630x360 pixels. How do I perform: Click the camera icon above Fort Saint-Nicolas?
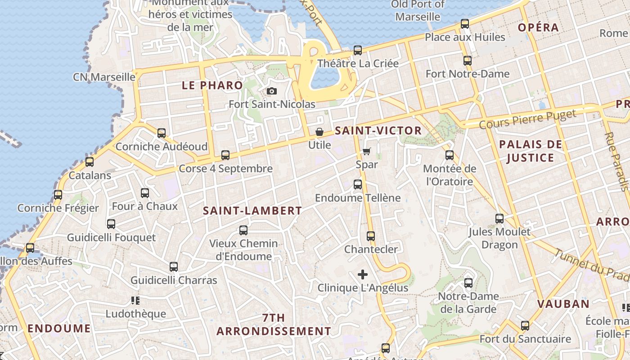coord(271,91)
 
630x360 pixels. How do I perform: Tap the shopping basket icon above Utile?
coord(319,132)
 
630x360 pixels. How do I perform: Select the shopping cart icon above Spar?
coord(367,151)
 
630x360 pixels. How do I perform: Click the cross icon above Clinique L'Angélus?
coord(363,274)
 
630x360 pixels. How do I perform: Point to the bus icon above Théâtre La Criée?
coord(358,50)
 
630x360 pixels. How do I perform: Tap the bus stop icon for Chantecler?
coord(371,236)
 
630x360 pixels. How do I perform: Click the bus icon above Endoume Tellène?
coord(358,184)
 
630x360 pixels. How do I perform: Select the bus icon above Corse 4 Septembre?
coord(225,155)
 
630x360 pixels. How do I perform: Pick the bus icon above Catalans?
coord(90,162)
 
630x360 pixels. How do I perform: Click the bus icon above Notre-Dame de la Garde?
coord(468,283)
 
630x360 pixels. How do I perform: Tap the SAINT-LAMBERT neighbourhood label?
coord(252,211)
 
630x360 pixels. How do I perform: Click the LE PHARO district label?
coord(212,85)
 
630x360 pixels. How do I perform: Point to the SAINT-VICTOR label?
coord(378,131)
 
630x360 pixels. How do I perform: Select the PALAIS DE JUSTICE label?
coord(531,151)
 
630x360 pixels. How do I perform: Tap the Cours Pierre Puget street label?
coord(527,118)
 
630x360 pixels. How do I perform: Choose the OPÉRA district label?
coord(538,27)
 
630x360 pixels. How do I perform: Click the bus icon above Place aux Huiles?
coord(465,24)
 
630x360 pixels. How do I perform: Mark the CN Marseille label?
coord(104,77)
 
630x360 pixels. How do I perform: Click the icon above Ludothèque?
coord(135,300)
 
